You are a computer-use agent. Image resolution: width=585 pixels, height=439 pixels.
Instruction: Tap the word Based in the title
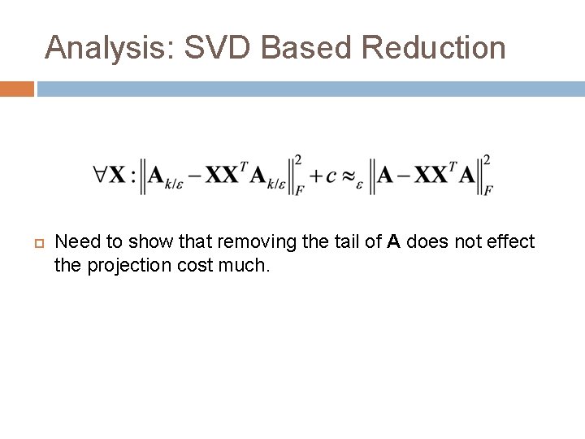pyautogui.click(x=304, y=48)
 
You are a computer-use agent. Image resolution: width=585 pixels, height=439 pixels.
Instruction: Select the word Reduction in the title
pyautogui.click(x=430, y=48)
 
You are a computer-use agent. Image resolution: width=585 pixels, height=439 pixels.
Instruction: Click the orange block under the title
pyautogui.click(x=16, y=88)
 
